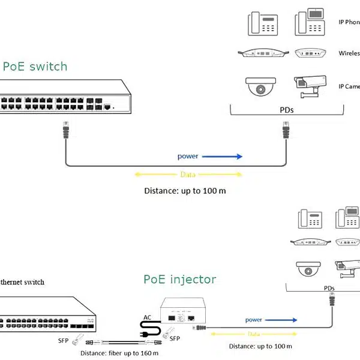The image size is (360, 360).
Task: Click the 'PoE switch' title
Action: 35,66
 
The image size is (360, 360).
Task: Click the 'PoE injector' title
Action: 180,280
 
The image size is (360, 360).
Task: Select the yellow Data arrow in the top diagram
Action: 187,175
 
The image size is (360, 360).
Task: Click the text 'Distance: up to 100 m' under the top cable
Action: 185,191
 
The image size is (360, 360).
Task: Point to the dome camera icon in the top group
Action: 260,86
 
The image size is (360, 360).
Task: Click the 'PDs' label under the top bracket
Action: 287,110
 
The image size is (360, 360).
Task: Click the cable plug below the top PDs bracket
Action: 286,129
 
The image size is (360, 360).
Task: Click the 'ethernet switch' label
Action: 22,281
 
